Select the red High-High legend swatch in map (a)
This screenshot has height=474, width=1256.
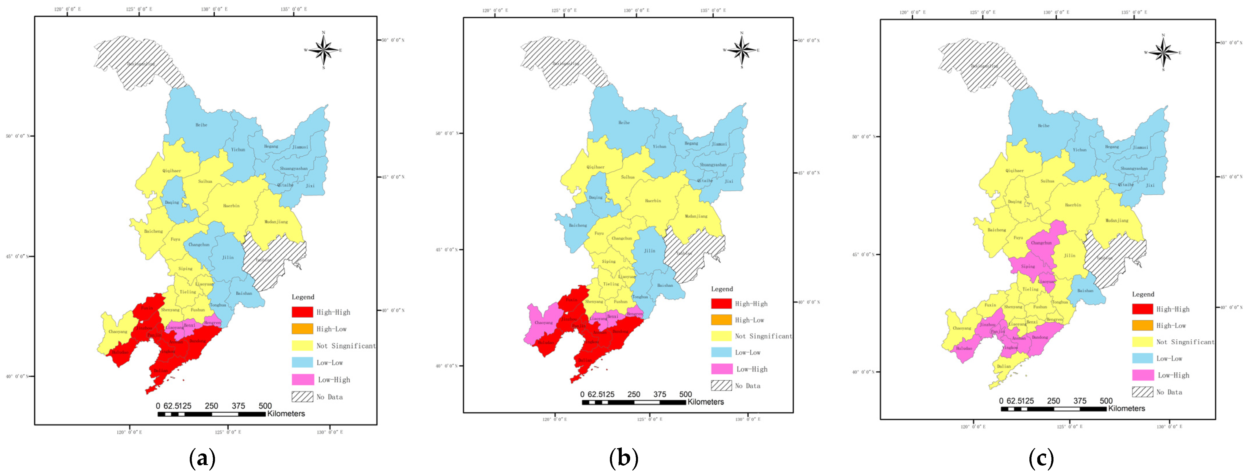pyautogui.click(x=302, y=312)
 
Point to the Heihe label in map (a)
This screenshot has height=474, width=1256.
pyautogui.click(x=201, y=125)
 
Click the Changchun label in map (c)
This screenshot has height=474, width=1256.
pyautogui.click(x=1041, y=243)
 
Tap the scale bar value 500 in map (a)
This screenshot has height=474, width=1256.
pyautogui.click(x=265, y=406)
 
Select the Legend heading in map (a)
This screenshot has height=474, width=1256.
pyautogui.click(x=303, y=297)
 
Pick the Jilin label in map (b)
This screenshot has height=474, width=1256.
pyautogui.click(x=650, y=251)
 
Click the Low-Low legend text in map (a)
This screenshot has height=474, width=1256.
pyautogui.click(x=330, y=363)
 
